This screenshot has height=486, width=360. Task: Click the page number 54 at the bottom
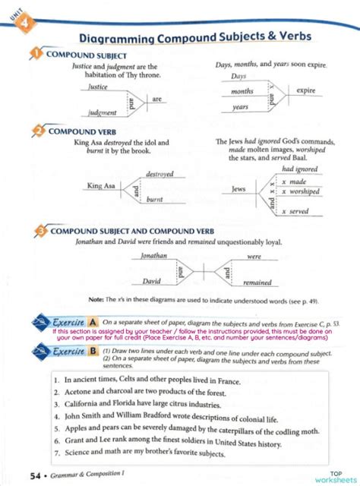(x=34, y=475)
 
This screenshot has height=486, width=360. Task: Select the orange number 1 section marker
(x=36, y=55)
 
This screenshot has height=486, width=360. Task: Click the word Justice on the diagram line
(x=98, y=87)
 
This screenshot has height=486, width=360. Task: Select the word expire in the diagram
(x=306, y=91)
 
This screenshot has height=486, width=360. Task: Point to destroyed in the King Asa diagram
(x=161, y=175)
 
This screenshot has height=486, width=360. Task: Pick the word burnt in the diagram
(x=155, y=199)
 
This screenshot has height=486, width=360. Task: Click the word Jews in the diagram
(x=238, y=188)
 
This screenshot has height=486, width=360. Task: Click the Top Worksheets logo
(x=334, y=474)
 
